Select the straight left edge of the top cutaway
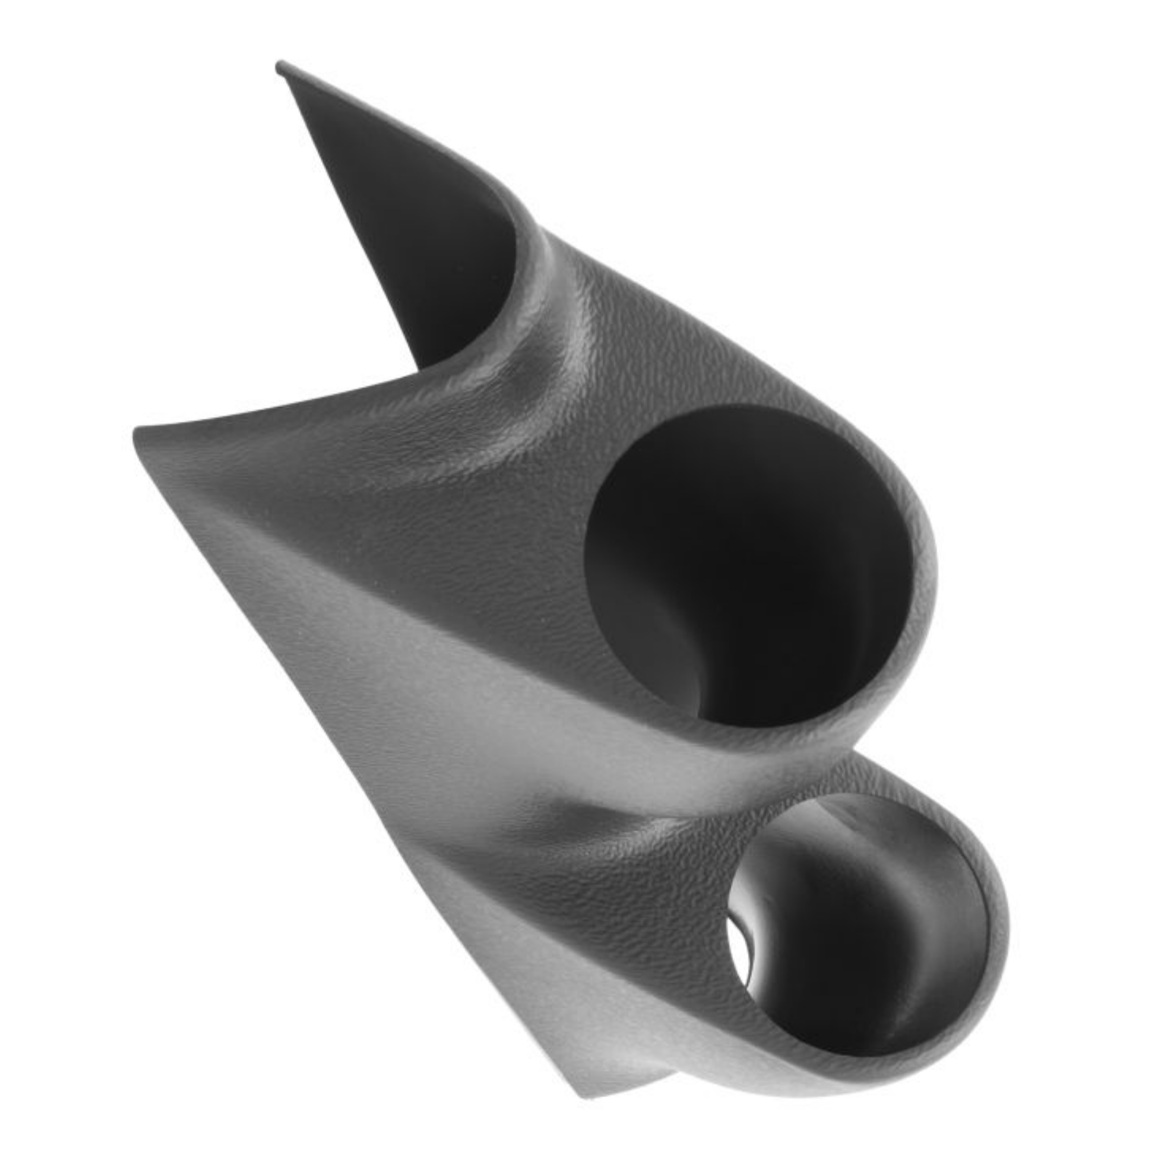coord(346,209)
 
